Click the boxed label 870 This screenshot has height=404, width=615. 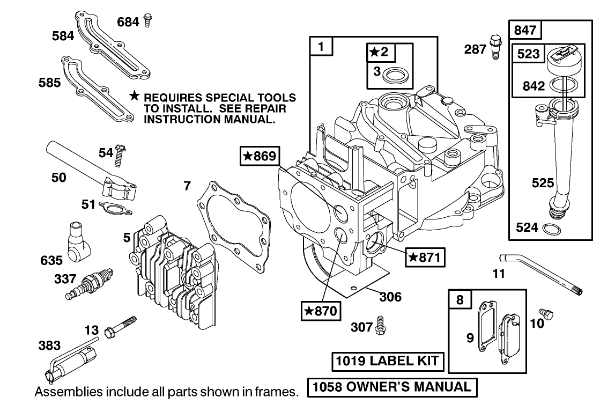pos(321,311)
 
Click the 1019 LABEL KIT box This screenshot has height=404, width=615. pos(388,361)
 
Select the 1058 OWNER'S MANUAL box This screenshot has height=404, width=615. pos(391,387)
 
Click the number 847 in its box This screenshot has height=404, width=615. pos(525,30)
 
